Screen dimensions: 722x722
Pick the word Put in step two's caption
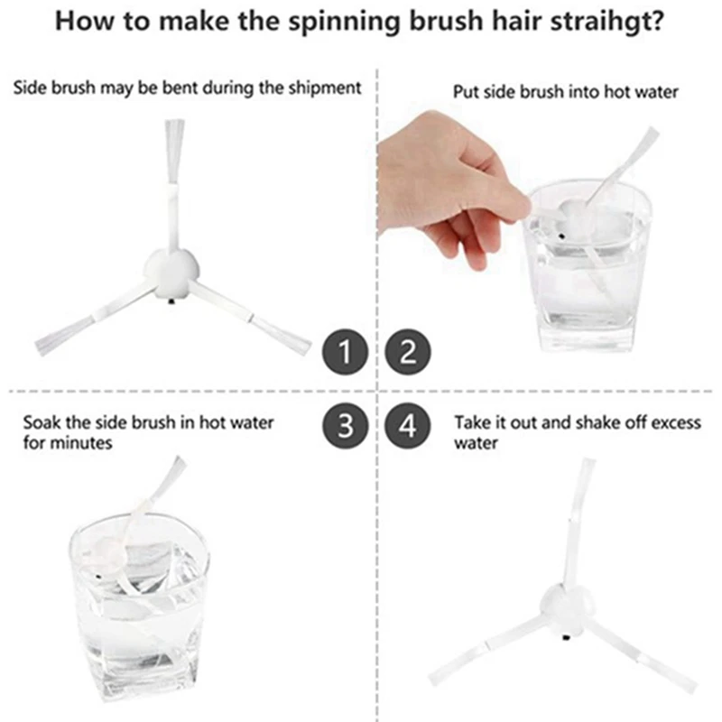coord(464,91)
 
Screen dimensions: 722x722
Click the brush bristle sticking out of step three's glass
coord(171,478)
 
